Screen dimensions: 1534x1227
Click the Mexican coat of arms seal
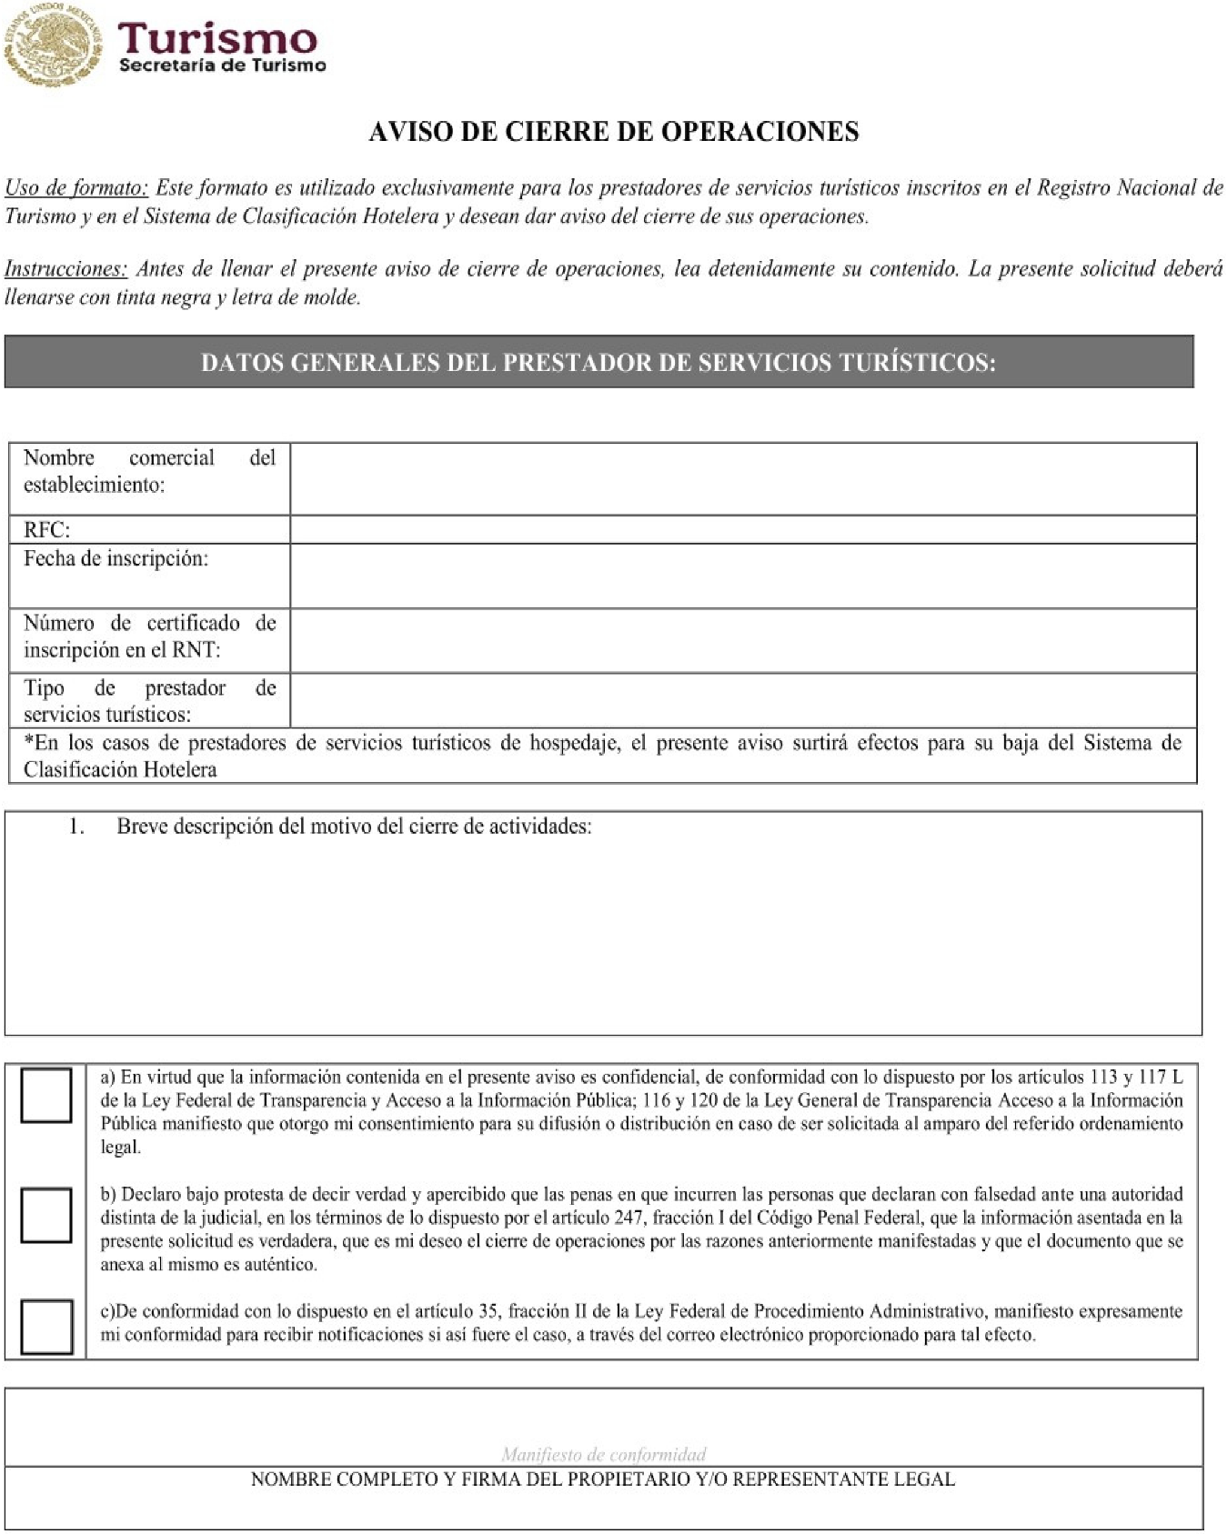[53, 44]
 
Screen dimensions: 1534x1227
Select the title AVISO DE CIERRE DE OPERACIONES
[613, 132]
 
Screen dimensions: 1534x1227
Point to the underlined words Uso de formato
[76, 188]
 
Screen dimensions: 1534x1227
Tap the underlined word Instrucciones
[65, 269]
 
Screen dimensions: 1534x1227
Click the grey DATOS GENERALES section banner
[598, 362]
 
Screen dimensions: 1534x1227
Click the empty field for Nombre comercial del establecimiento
[742, 478]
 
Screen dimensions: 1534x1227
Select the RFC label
[46, 530]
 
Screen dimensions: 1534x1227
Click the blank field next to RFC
[742, 530]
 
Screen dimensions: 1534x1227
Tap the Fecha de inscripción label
[116, 558]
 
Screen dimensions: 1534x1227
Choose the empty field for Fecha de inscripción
[742, 576]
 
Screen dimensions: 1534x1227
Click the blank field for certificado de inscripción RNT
[742, 640]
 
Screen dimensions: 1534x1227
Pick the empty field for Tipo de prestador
[742, 700]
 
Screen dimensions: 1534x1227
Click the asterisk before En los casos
[28, 741]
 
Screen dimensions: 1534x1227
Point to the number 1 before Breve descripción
[76, 827]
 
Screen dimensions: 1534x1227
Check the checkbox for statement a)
[45, 1095]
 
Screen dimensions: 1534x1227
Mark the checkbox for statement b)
[45, 1215]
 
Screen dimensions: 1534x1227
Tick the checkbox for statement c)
[45, 1327]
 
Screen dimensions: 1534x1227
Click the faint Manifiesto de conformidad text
[603, 1454]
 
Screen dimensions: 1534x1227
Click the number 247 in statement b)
[629, 1218]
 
